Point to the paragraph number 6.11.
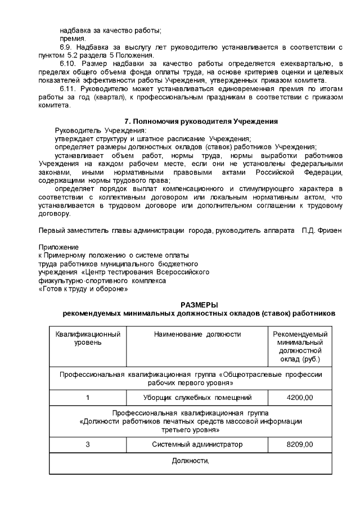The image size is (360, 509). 67,88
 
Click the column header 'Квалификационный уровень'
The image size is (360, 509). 88,338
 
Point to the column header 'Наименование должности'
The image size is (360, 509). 197,334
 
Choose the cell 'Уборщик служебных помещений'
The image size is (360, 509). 197,398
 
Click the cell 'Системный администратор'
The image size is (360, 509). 197,444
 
